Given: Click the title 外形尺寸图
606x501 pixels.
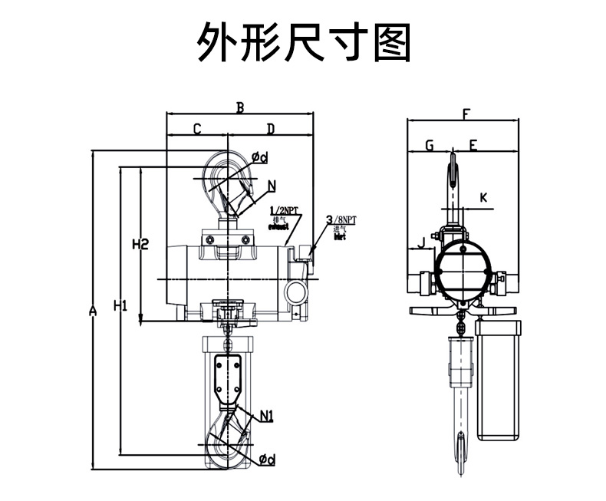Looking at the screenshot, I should (x=303, y=42).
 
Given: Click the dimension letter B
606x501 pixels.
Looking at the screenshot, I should (x=239, y=108).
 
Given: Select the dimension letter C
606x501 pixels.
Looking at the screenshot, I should (x=197, y=129).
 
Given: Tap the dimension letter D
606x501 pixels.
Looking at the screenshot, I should (x=270, y=129).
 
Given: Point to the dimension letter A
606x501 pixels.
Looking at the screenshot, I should (x=93, y=311).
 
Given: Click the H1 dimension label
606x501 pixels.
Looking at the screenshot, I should (x=120, y=306).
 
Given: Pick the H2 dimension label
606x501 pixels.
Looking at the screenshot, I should (x=140, y=246).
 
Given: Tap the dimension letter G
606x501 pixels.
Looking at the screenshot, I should (x=429, y=145).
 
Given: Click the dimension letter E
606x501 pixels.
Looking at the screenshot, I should (x=473, y=145).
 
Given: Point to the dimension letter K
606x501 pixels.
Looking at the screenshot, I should (x=483, y=197).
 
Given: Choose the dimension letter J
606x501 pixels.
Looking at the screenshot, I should (x=420, y=244).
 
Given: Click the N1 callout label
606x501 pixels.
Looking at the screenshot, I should (x=267, y=417).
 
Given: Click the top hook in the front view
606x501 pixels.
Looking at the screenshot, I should (x=228, y=180).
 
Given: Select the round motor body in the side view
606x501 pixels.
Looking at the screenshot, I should (x=463, y=273).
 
